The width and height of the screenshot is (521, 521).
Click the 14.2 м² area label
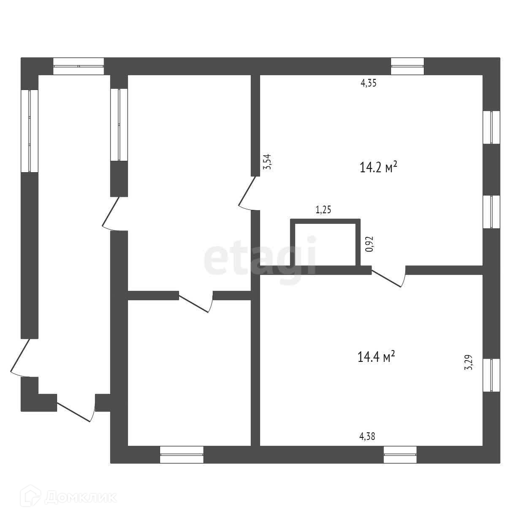tap(378, 168)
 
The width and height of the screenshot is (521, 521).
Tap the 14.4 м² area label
tap(376, 357)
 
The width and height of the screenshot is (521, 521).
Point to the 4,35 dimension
tap(368, 83)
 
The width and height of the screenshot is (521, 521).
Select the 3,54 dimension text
tap(267, 162)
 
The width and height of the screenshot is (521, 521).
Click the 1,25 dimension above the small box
tap(323, 210)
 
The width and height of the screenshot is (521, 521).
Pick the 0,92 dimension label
tap(369, 244)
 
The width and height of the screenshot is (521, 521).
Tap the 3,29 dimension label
tap(468, 362)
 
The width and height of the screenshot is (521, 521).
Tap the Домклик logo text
tap(80, 498)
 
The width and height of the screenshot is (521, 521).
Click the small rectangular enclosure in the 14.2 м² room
tap(325, 244)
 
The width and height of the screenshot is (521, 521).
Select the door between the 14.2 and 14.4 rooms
tap(388, 277)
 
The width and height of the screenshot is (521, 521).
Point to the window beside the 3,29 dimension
tap(491, 375)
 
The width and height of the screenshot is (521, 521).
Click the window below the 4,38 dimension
tap(400, 455)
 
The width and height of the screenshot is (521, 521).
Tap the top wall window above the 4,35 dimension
tap(407, 66)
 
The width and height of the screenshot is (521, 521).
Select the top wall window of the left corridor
tap(79, 66)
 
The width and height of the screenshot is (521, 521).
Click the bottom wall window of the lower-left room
tap(182, 455)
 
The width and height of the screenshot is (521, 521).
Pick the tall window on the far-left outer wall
tap(30, 130)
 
